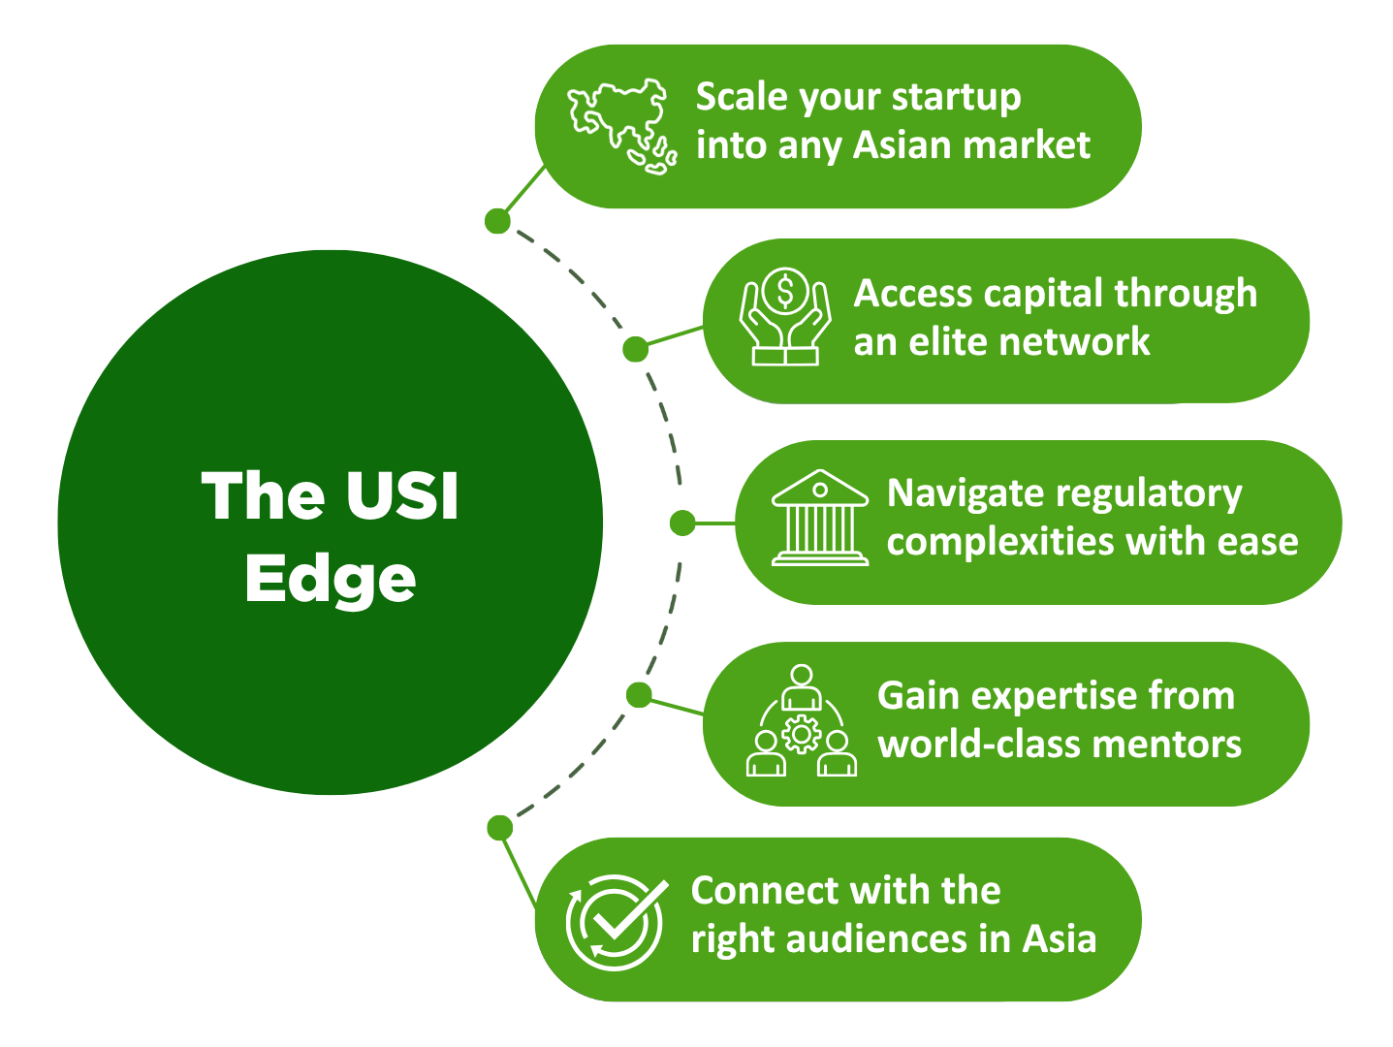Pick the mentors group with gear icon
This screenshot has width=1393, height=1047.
point(802,721)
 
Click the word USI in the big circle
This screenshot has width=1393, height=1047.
point(400,496)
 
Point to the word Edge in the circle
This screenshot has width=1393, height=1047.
point(331,579)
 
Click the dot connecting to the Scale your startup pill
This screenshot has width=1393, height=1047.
point(497,221)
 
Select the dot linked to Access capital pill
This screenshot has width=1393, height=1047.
point(635,349)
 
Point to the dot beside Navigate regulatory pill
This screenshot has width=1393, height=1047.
point(682,523)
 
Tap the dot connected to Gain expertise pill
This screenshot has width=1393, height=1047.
point(639,694)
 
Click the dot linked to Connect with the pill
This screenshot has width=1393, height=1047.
point(499,827)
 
